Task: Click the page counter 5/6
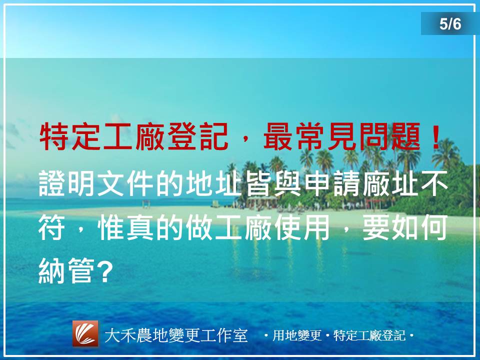click(450, 24)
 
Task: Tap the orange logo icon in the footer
click(85, 333)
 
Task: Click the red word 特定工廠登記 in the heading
click(134, 136)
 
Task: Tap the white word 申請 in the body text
click(332, 183)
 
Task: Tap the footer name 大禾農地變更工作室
click(176, 335)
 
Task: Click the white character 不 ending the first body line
click(434, 183)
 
